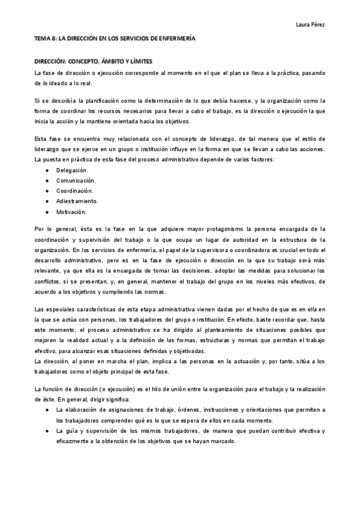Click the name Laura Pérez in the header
(x=310, y=25)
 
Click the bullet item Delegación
(x=71, y=170)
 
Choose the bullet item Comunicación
(x=76, y=181)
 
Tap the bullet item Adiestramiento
(x=77, y=201)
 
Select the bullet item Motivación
(x=71, y=212)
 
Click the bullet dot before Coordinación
(x=47, y=191)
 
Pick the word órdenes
(x=178, y=409)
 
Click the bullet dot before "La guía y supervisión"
(x=47, y=431)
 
